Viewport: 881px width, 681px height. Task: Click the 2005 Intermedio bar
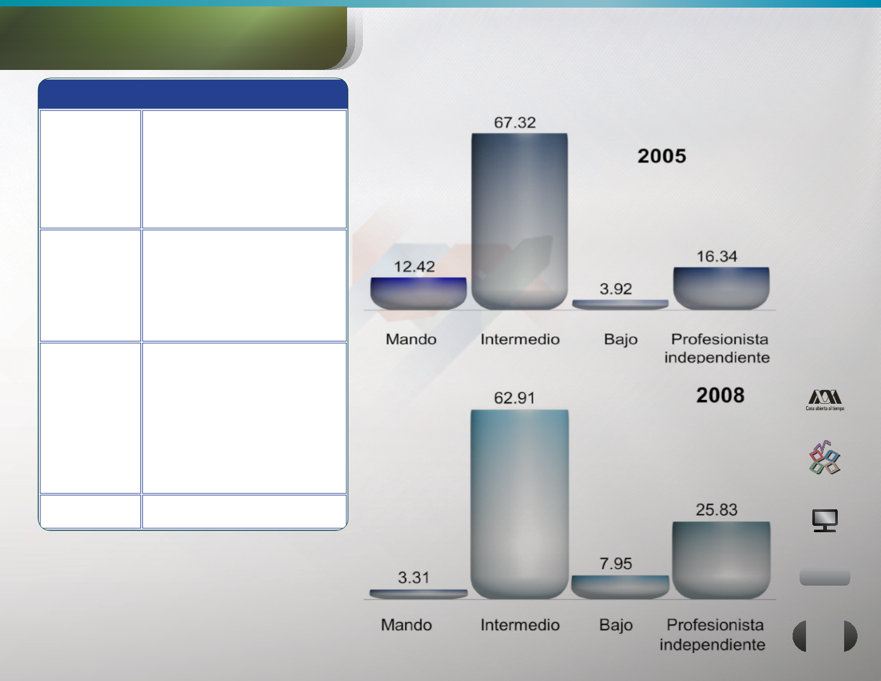tap(519, 221)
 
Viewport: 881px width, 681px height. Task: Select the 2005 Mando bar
tap(418, 294)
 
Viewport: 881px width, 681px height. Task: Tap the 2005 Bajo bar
tap(620, 305)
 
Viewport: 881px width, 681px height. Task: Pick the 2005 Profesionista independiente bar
tap(721, 289)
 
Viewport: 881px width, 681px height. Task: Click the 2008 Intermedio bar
tap(519, 504)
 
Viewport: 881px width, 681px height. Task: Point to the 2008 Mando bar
tap(418, 594)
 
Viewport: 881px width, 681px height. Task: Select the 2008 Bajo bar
tap(620, 587)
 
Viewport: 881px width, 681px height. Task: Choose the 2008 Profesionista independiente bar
tap(721, 560)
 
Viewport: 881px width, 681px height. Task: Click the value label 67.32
tap(515, 123)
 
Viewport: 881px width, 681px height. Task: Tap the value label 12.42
tap(414, 266)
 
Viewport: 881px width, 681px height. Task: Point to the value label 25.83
tap(717, 510)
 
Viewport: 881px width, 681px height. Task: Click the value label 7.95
tap(616, 563)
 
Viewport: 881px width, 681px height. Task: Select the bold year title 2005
tap(662, 156)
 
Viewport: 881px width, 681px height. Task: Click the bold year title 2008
tap(720, 395)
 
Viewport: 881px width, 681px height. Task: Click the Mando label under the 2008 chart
tap(406, 625)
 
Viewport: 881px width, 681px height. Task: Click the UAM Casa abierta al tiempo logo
tap(824, 401)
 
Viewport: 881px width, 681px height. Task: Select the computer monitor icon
tap(825, 520)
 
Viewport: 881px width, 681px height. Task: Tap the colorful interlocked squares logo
tap(824, 457)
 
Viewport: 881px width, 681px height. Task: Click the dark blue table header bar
tap(193, 94)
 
